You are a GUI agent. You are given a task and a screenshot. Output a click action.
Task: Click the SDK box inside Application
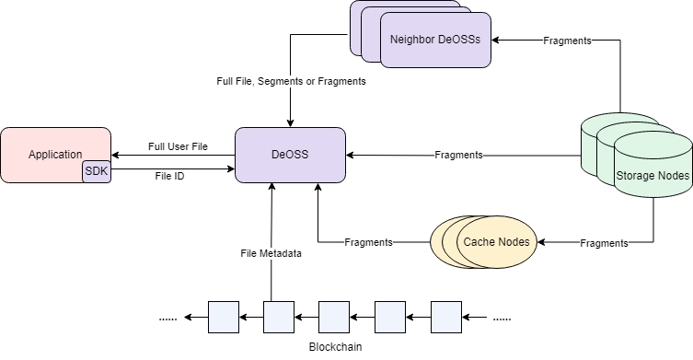point(97,171)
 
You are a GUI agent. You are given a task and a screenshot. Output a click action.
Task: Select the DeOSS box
point(290,155)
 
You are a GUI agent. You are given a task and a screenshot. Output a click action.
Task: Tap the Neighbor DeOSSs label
point(435,40)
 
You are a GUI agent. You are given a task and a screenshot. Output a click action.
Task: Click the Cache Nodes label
point(496,242)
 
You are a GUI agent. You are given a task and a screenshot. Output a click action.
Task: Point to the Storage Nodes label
point(653,176)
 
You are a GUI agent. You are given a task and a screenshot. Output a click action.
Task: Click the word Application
point(55,155)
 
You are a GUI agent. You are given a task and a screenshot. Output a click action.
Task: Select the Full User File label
point(178,146)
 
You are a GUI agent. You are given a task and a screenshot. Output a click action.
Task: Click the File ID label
point(169,176)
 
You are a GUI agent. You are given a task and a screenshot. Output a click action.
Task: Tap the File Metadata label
point(271,253)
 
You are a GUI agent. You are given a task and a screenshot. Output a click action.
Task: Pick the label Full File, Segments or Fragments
point(291,81)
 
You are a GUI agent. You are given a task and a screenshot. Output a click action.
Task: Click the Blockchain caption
point(335,347)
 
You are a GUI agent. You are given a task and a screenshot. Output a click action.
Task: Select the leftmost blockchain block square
point(224,317)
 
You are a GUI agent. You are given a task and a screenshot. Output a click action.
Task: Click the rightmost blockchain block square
point(446,317)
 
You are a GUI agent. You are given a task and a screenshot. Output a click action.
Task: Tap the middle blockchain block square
point(334,317)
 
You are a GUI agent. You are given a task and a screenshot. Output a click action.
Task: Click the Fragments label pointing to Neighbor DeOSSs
point(567,41)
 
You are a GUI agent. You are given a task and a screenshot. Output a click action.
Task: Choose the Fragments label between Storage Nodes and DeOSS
point(458,155)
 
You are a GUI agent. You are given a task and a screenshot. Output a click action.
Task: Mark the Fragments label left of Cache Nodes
point(369,242)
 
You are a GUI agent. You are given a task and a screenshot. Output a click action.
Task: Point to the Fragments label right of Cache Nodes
point(604,243)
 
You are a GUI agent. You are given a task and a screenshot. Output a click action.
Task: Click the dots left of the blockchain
point(167,319)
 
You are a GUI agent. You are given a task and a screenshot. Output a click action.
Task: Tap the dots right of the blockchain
point(502,319)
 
